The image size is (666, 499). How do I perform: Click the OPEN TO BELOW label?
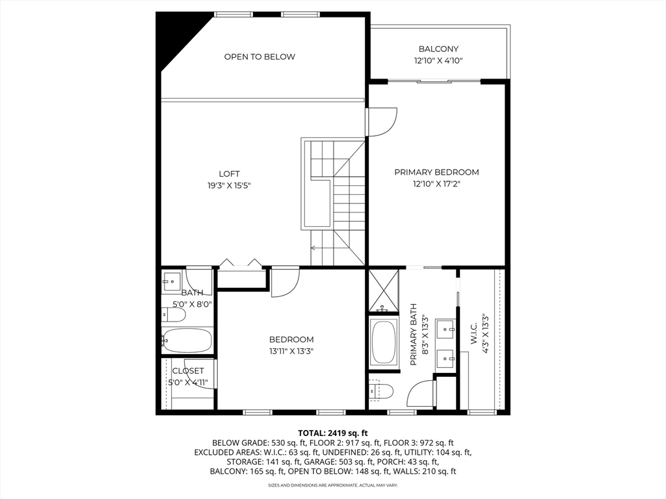tap(260, 57)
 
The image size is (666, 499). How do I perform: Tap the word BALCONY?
tap(438, 49)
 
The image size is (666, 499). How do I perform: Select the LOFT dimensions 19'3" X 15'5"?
tap(229, 185)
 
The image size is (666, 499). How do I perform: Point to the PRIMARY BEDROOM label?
tap(436, 172)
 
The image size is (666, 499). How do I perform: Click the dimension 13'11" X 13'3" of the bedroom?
tap(291, 351)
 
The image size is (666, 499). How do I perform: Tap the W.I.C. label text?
tap(473, 334)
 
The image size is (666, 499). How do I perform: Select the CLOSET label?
tap(188, 371)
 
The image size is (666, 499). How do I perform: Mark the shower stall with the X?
tap(383, 291)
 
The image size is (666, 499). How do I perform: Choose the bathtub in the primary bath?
tap(383, 342)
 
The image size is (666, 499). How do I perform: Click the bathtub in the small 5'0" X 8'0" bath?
tap(187, 340)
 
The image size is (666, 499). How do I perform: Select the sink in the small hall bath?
tap(172, 282)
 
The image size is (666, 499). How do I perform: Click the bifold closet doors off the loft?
tap(241, 264)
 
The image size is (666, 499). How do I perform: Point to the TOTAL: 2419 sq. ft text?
tap(333, 433)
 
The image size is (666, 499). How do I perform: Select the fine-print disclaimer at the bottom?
tap(333, 485)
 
